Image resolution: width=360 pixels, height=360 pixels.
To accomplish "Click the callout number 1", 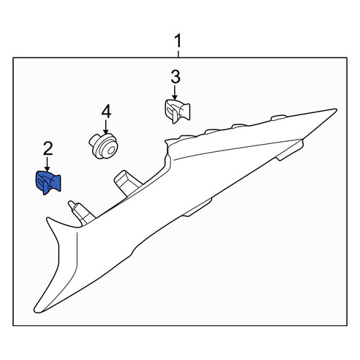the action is coord(178,41).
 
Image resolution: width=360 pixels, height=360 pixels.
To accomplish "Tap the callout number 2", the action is coord(48,148).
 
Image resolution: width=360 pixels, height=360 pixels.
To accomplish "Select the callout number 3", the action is coord(176,77).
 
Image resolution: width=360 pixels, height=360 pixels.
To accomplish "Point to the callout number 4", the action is coord(106,112).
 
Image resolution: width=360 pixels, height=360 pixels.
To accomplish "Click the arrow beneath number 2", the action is coord(48,164).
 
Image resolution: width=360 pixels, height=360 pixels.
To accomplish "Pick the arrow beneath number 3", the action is coord(175,93).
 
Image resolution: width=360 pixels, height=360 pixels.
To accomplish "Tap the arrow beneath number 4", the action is coord(106,127).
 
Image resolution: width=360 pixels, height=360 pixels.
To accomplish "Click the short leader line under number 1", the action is coord(178,54).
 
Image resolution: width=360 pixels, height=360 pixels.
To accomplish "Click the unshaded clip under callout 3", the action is coord(178,112).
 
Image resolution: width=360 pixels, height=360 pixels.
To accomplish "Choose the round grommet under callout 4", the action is coord(103,146).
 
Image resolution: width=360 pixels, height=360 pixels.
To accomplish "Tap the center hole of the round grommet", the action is coord(111,151).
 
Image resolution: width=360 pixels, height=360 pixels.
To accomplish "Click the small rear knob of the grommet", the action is coord(93,140).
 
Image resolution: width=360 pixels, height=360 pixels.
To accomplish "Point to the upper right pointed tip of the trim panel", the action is coord(336,110).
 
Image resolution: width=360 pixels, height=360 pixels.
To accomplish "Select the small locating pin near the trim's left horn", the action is coord(79,212).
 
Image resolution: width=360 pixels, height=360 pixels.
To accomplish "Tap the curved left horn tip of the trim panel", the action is coord(48,219).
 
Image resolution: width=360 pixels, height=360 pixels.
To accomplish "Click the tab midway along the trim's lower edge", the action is coord(197,207).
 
